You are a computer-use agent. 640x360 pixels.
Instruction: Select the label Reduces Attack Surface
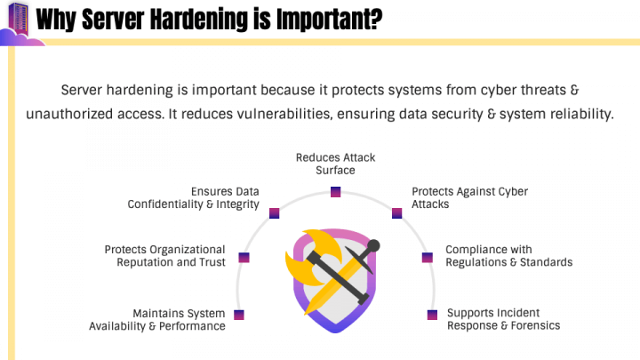[x=335, y=164]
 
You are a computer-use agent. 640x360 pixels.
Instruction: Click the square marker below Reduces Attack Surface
[x=335, y=191]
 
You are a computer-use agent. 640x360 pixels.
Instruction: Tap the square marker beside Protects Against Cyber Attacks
[x=397, y=213]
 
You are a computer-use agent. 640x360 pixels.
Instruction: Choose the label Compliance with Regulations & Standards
[x=508, y=256]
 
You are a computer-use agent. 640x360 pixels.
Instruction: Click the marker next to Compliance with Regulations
[x=427, y=258]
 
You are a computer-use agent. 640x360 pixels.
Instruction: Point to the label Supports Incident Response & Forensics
[x=503, y=319]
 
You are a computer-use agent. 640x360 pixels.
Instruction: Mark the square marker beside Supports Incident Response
[x=433, y=315]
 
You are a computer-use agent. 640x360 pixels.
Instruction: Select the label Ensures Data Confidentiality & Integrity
[x=194, y=197]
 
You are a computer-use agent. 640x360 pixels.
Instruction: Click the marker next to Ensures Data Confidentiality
[x=275, y=213]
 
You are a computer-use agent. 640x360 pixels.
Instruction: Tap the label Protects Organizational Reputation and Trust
[x=164, y=256]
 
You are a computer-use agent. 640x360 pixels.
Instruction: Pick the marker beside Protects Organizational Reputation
[x=244, y=258]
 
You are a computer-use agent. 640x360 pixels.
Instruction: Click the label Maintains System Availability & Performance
[x=157, y=319]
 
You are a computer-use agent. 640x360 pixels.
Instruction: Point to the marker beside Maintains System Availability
[x=238, y=315]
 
